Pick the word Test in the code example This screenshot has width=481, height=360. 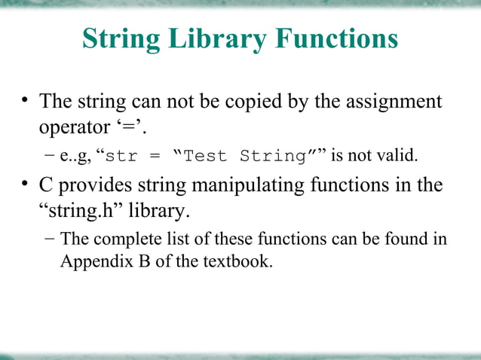click(205, 157)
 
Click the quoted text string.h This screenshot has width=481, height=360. click(84, 211)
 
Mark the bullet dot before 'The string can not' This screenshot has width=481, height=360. click(25, 100)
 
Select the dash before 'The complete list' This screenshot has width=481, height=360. click(49, 240)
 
